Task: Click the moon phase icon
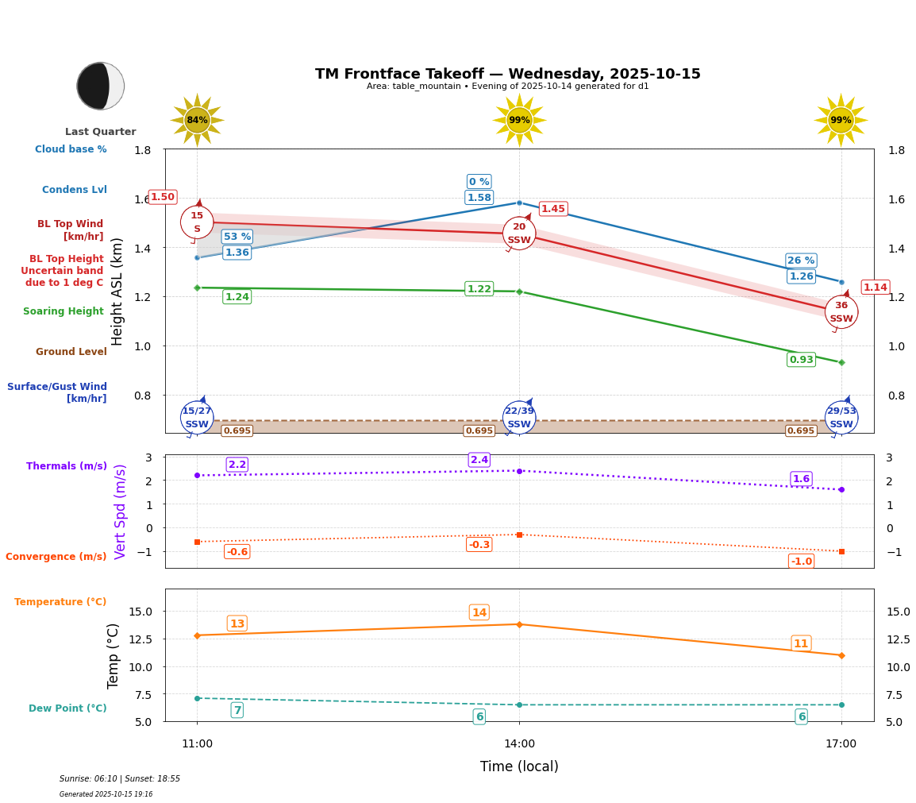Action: pos(101,86)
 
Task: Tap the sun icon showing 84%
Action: pos(197,120)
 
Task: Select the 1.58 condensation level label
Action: pos(479,198)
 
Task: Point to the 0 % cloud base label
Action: pos(479,182)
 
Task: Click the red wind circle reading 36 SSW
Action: pos(841,311)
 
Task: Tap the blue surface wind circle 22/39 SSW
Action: pos(519,417)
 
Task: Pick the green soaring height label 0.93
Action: pos(801,360)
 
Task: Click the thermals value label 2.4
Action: pos(479,460)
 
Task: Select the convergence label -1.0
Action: pos(801,562)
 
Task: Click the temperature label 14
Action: pos(479,612)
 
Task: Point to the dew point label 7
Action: pos(237,710)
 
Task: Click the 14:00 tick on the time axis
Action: pos(519,744)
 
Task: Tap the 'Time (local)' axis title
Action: pos(519,766)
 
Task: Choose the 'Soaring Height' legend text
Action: pos(64,311)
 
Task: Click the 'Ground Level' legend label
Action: pos(71,352)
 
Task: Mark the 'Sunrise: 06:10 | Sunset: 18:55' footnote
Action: pos(120,779)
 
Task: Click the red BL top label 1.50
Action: pos(163,197)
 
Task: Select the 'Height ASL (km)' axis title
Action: pos(117,291)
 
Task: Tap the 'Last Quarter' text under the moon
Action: pos(101,132)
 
